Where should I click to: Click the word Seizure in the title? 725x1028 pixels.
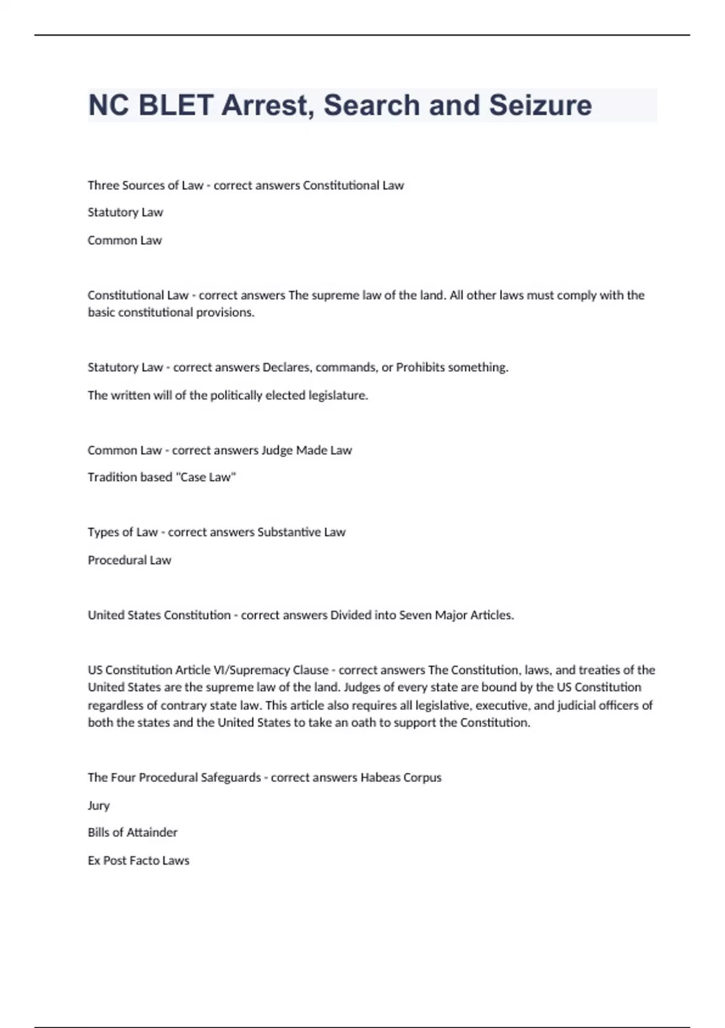(x=540, y=105)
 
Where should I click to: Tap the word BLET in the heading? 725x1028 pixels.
(x=176, y=105)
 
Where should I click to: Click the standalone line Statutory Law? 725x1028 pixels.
(x=125, y=212)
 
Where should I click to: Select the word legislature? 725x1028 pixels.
(x=338, y=395)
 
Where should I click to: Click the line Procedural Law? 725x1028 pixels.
(x=129, y=560)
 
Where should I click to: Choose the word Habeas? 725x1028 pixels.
(x=379, y=778)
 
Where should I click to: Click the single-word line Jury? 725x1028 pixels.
(x=98, y=805)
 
